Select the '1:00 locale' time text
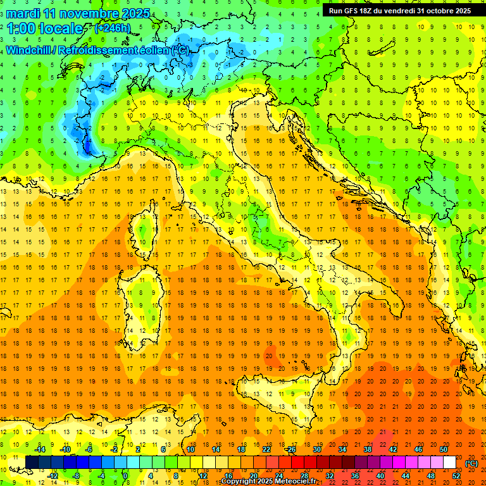pyautogui.click(x=45, y=28)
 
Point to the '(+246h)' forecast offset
pyautogui.click(x=113, y=28)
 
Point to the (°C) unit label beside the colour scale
pyautogui.click(x=471, y=463)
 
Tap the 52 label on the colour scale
pyautogui.click(x=456, y=475)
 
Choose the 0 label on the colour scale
pyautogui.click(x=125, y=475)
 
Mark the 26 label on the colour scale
pyautogui.click(x=291, y=449)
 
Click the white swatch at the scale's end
pyautogui.click(x=449, y=463)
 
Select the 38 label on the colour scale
pyautogui.click(x=367, y=449)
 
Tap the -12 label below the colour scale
pyautogui.click(x=53, y=475)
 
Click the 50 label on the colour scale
pyautogui.click(x=443, y=449)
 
